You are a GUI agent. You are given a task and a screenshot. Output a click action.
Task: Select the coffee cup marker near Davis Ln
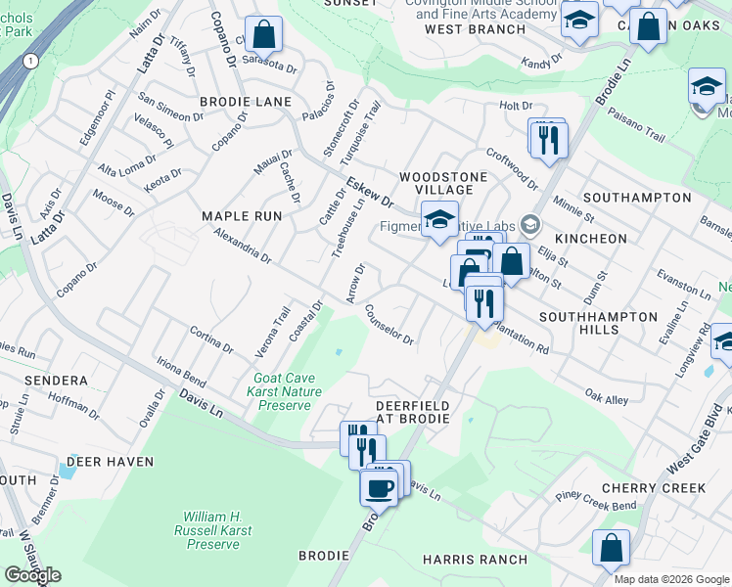[379, 486]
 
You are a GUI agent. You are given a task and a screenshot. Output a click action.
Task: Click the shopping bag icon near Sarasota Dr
[263, 34]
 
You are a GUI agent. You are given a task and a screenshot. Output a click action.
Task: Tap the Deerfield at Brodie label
[413, 412]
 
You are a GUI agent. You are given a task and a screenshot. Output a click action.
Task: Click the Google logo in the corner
[32, 575]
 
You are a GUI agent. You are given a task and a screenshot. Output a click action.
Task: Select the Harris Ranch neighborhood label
[475, 560]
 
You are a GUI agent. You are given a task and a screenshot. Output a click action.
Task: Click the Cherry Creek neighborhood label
[654, 488]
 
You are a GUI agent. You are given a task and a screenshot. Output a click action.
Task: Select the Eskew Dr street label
[369, 191]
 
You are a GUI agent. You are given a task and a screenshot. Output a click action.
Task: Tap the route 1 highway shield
[31, 61]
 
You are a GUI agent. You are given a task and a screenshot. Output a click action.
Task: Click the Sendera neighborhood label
[36, 380]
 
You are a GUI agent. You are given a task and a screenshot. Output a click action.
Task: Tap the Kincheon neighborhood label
[590, 239]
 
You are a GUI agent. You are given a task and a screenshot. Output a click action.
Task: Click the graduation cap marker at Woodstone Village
[439, 219]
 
